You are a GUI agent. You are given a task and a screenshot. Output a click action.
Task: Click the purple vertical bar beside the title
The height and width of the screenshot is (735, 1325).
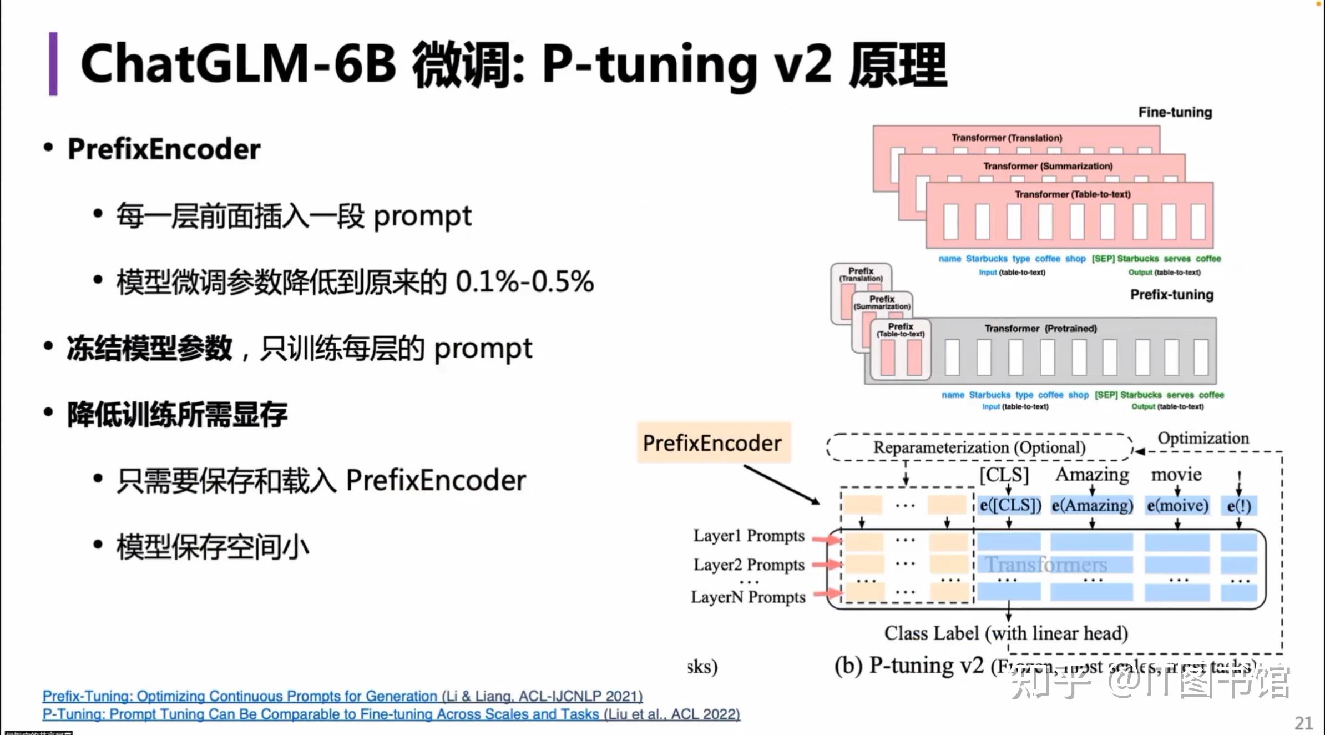53,64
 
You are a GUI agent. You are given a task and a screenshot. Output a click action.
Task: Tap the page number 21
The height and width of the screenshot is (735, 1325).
1303,723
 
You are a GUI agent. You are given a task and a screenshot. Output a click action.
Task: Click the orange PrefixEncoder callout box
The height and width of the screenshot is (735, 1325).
714,443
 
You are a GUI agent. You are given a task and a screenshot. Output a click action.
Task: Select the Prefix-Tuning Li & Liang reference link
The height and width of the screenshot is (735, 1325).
342,696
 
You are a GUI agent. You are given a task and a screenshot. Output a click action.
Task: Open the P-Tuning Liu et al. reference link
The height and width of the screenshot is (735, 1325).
391,714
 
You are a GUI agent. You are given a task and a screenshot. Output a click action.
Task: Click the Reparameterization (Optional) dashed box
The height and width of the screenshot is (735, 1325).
979,447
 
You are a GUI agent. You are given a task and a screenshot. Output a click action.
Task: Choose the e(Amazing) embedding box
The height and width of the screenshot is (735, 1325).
1092,506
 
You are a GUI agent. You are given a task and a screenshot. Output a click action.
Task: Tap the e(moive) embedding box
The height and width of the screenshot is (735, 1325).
1177,506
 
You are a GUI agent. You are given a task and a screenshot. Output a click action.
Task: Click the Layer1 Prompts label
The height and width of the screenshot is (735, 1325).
749,536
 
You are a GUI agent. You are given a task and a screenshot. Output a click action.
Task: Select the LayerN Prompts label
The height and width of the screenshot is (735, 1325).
748,597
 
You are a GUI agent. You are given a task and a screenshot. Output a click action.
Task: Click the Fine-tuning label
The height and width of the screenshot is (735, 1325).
1175,112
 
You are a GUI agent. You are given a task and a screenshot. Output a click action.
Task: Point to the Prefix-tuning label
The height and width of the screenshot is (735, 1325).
1172,295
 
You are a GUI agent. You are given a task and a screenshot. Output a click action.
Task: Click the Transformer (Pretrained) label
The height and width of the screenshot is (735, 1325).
1040,329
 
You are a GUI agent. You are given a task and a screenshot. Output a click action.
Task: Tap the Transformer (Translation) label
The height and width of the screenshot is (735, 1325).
1007,138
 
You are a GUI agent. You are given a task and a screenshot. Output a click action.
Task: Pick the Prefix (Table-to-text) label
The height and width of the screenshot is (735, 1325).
900,330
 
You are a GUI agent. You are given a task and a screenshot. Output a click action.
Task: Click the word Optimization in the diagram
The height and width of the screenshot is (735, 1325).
1203,439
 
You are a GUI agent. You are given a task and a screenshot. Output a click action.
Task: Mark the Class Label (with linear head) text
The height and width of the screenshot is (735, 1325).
1006,633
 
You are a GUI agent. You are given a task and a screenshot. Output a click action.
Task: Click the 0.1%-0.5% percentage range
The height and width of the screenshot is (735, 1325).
524,281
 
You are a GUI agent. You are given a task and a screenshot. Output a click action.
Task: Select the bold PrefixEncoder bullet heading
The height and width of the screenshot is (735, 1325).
164,149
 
